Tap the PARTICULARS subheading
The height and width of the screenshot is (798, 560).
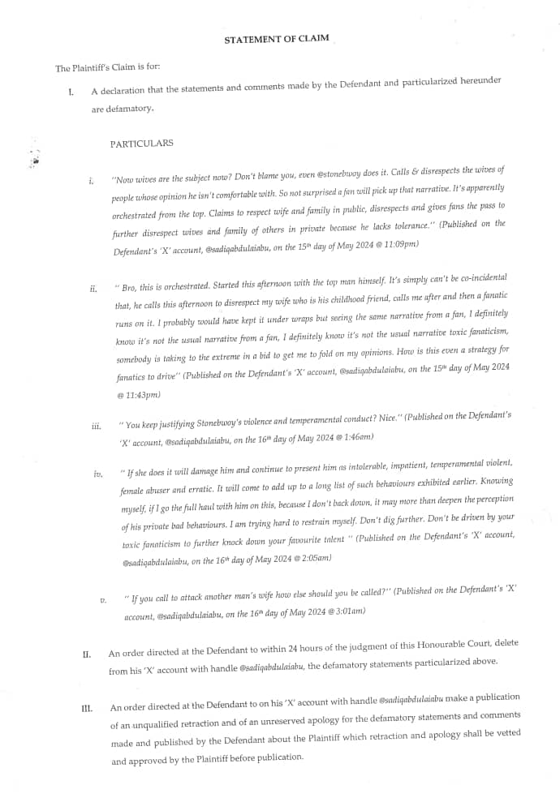point(141,144)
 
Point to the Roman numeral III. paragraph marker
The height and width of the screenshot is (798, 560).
point(88,709)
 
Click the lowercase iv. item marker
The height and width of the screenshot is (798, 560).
point(99,474)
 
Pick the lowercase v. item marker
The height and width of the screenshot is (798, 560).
point(103,600)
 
